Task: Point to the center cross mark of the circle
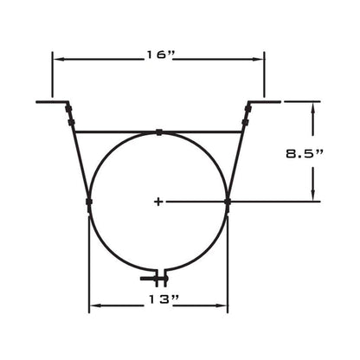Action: [158, 202]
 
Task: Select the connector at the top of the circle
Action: [159, 132]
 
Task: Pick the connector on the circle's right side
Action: [228, 201]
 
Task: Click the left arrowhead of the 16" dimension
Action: [57, 58]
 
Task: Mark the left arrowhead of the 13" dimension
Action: [94, 304]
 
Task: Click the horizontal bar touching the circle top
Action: [121, 132]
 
